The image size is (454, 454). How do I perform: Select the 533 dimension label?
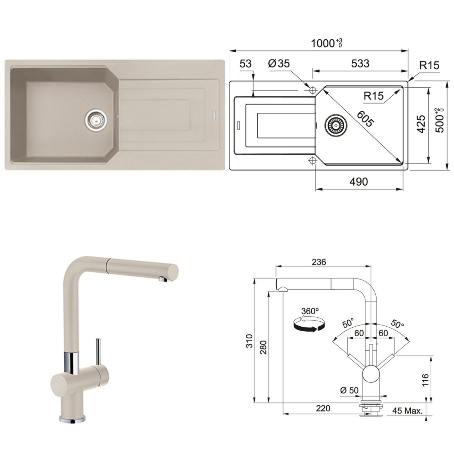(360, 63)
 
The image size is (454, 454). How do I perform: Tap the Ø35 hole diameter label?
(279, 63)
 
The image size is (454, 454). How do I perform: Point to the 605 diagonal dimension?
(365, 119)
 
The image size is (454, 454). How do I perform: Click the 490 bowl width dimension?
(359, 182)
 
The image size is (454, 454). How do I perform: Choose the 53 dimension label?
(245, 63)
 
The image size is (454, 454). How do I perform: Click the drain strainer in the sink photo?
(96, 119)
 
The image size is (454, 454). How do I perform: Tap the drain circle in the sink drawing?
(336, 126)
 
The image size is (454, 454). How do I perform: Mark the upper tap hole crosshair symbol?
(313, 90)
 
